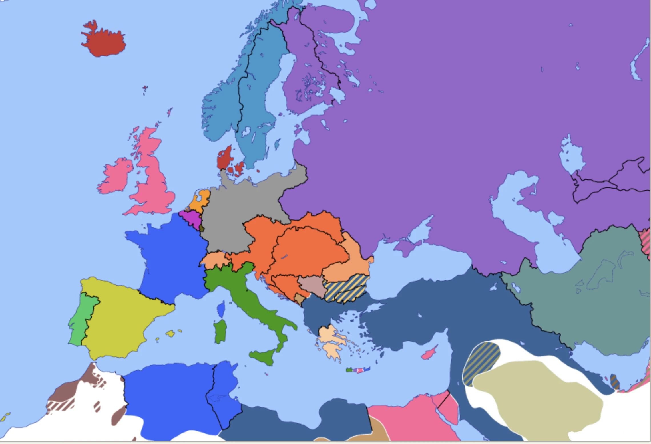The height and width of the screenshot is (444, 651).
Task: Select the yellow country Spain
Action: (120, 317)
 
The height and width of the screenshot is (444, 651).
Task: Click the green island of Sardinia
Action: (220, 331)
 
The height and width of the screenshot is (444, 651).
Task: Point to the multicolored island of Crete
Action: (358, 370)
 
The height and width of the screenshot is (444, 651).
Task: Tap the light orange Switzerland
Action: (216, 260)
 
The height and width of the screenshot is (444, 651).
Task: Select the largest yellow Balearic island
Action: (170, 333)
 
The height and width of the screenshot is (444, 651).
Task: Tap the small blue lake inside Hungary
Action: (284, 257)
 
